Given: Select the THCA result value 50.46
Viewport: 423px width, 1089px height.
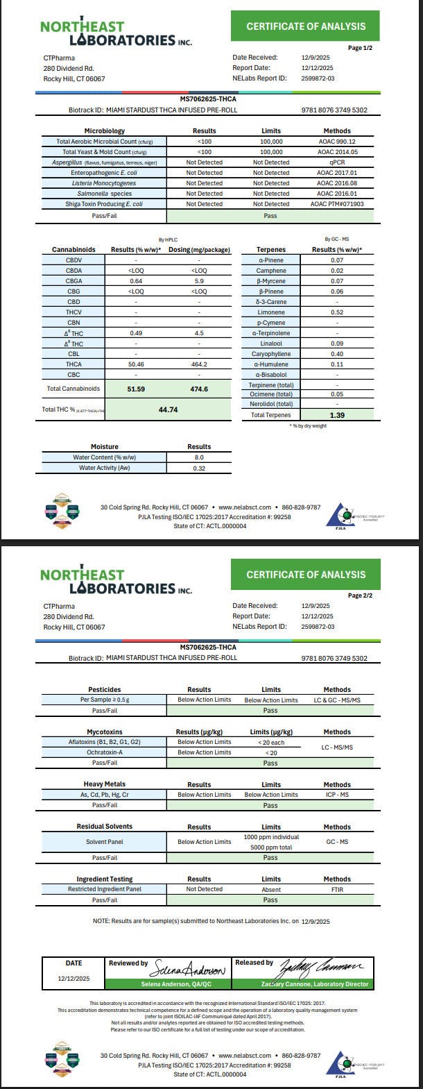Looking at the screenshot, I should coord(136,364).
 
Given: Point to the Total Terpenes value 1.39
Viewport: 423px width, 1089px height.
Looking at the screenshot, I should coord(337,414).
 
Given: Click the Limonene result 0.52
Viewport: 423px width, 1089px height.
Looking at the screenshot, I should coord(337,312).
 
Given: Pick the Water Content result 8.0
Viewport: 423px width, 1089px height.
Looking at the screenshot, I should coord(199,457).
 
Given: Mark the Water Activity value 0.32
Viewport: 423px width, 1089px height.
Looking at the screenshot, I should coord(199,468).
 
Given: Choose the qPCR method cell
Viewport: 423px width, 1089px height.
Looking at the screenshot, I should coord(337,162).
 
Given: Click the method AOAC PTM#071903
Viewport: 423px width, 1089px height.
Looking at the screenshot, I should coord(337,204).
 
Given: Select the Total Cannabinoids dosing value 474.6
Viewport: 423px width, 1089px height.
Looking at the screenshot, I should coord(199,389).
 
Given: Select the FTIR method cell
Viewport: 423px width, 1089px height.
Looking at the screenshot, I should coord(337,889).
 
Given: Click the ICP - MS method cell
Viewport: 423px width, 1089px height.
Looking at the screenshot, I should coord(337,795).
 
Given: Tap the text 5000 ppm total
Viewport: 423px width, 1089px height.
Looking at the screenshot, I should coord(271,847).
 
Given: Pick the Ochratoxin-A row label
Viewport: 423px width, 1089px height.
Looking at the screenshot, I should coord(105,752).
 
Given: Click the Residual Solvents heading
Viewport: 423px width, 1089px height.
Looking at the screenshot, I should coord(105,827).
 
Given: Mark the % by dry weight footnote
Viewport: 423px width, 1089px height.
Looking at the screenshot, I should coord(307,425).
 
